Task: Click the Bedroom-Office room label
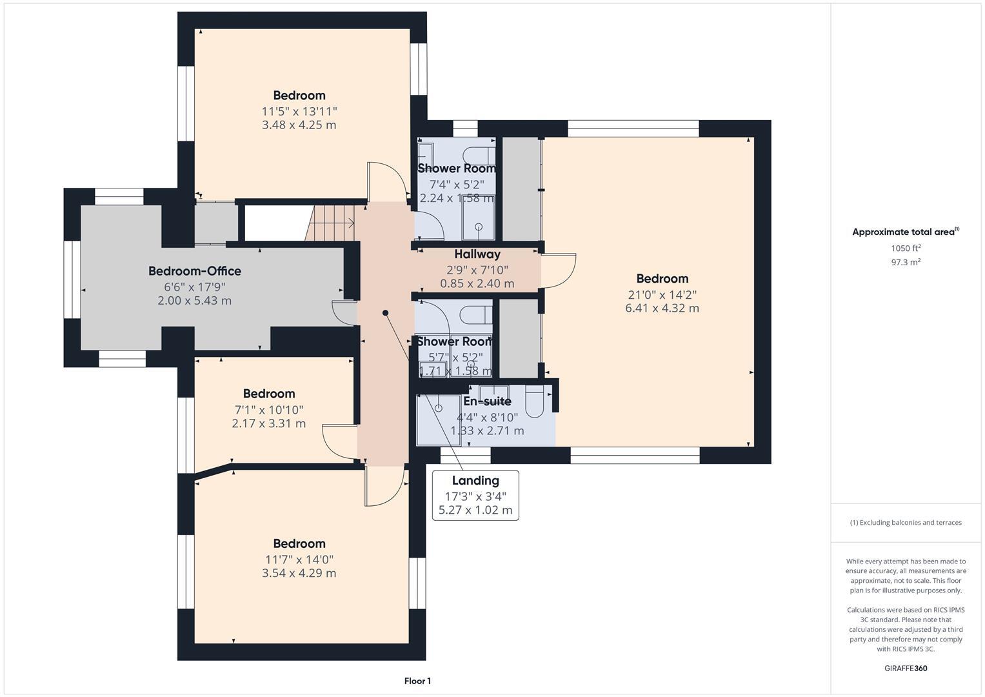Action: pos(195,271)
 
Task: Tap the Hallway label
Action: pos(477,254)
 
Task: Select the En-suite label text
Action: pos(487,401)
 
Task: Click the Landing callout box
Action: pos(475,495)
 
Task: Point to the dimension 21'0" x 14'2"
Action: pos(662,294)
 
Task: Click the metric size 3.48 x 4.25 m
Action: pos(299,125)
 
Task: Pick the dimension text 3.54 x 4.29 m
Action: pos(299,573)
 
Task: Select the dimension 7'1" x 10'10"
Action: pos(268,410)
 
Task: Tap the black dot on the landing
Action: pos(386,313)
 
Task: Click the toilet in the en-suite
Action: pos(535,401)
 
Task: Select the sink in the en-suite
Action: pos(494,392)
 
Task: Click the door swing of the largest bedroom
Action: pos(559,270)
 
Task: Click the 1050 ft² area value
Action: pos(906,248)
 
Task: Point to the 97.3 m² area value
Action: pos(906,262)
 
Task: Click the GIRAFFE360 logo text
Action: pos(906,669)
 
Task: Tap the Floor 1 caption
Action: pos(417,681)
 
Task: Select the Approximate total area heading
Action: pos(905,232)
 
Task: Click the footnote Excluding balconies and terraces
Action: pos(906,523)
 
